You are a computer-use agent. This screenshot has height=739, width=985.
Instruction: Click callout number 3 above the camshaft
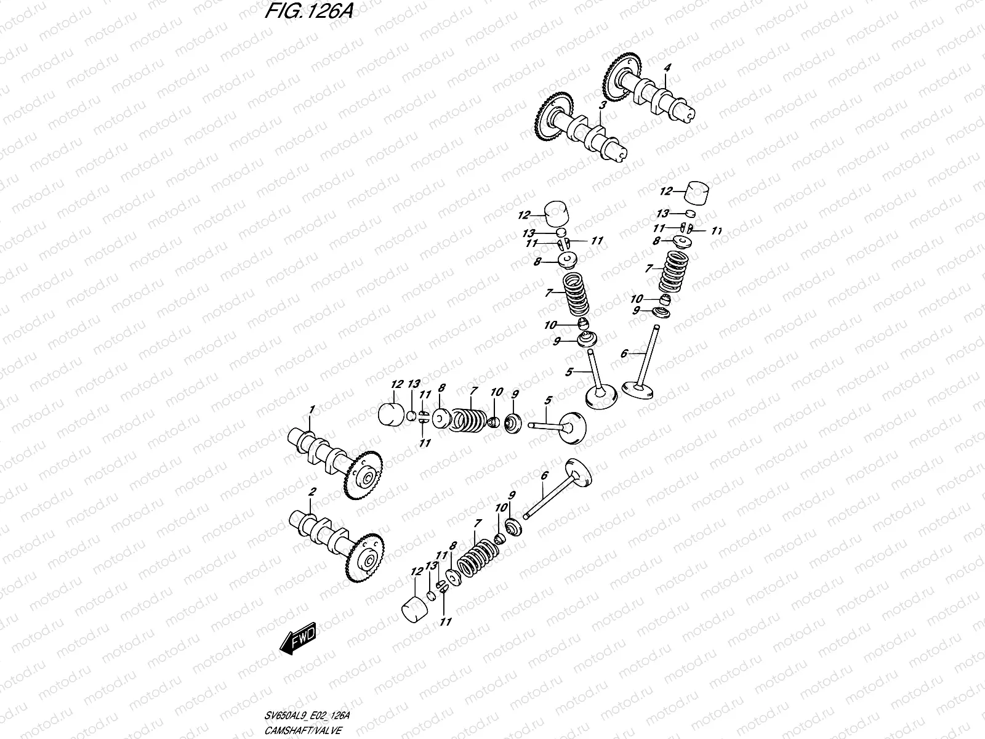[603, 106]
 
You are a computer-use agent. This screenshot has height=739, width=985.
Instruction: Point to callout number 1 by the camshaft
[312, 410]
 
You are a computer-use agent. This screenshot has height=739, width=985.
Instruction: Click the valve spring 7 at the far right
[671, 271]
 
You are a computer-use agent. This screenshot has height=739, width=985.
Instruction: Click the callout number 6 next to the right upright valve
[624, 353]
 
